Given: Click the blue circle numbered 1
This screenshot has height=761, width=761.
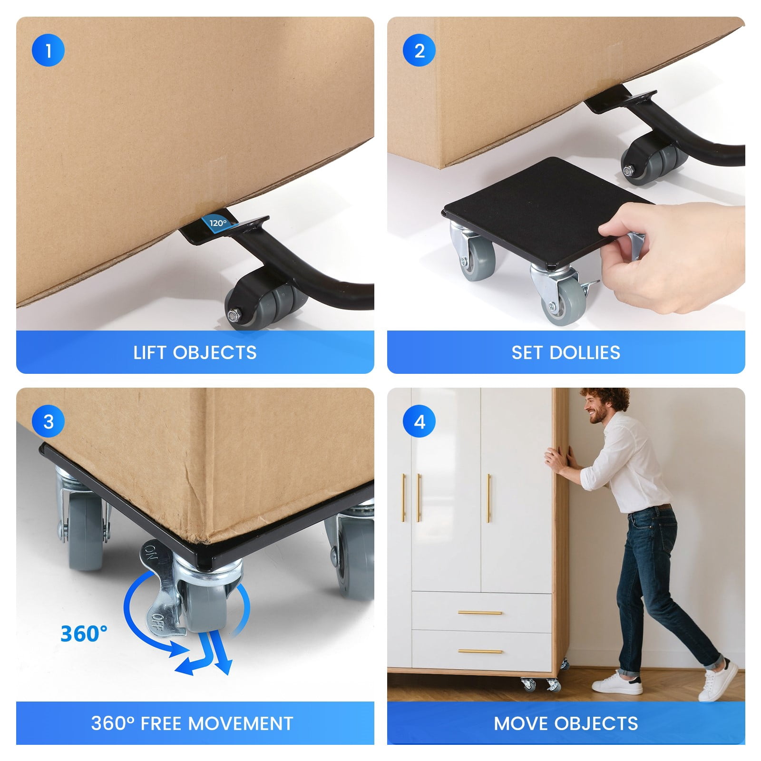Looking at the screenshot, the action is (48, 50).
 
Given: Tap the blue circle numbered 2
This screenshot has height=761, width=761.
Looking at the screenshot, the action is (419, 50).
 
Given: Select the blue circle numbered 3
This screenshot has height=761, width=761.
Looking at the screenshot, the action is (48, 421).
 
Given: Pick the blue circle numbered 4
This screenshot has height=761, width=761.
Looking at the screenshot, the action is (419, 421).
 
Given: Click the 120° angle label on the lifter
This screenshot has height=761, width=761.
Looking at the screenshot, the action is (218, 223).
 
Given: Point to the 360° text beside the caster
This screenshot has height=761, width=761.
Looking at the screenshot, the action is (84, 634).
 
